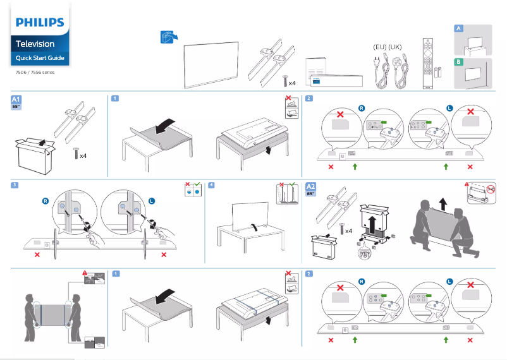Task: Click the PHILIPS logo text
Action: click(40, 23)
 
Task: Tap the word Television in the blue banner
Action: click(35, 44)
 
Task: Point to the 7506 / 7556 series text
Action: click(35, 73)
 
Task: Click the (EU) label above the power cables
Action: click(379, 47)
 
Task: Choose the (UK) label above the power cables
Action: click(395, 47)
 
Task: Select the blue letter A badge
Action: click(459, 29)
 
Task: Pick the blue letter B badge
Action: click(459, 62)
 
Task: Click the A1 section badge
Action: click(17, 99)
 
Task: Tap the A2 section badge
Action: click(310, 187)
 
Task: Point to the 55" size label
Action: click(16, 107)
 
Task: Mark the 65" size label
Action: click(310, 194)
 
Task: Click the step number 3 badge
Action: click(14, 185)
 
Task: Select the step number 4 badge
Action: click(212, 185)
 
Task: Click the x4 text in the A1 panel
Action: click(82, 155)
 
